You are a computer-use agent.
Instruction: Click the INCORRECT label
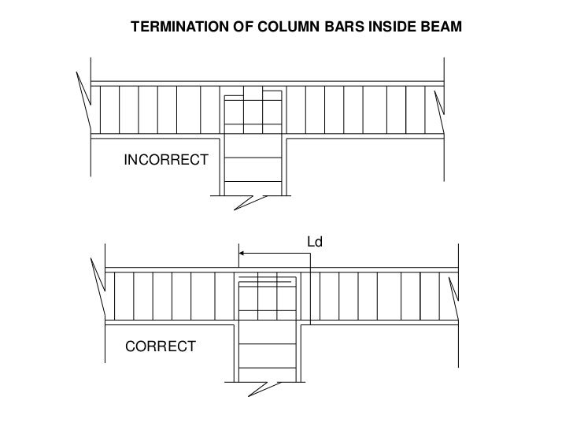[166, 161]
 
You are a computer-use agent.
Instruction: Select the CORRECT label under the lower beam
[161, 347]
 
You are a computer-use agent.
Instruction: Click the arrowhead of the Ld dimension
[243, 254]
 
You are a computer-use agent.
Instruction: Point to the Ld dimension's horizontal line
[275, 254]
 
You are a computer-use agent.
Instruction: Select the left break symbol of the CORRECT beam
[97, 287]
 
